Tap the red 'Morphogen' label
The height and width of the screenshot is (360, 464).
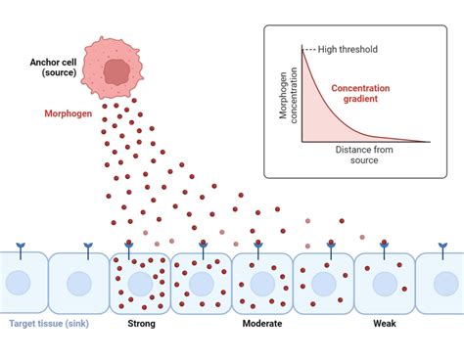point(69,112)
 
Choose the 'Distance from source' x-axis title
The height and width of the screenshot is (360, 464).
point(368,156)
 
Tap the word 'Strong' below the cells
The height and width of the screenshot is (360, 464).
point(142,323)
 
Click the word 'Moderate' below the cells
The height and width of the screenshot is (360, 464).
point(262,323)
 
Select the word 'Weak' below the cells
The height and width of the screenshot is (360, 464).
point(386,323)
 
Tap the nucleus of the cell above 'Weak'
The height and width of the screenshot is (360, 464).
point(386,284)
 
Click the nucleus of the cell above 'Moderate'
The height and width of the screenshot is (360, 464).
point(262,284)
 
